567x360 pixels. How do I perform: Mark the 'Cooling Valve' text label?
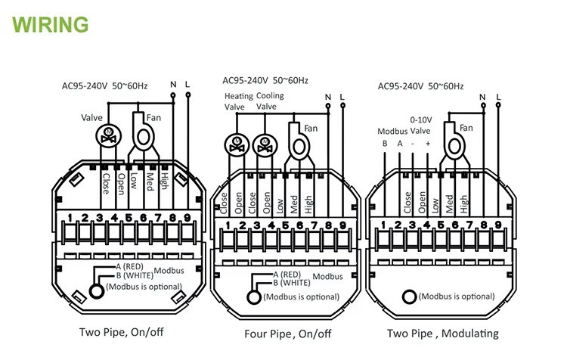pos(269,101)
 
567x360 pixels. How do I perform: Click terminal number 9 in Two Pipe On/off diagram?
pos(186,219)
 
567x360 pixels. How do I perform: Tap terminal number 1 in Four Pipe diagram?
pos(228,225)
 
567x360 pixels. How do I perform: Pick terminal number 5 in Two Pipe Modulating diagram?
pos(442,225)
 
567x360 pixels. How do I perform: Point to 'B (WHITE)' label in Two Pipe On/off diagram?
pos(125,276)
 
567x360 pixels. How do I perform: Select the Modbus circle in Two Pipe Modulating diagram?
pos(411,296)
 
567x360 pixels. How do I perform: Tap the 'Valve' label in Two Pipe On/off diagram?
pos(91,117)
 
